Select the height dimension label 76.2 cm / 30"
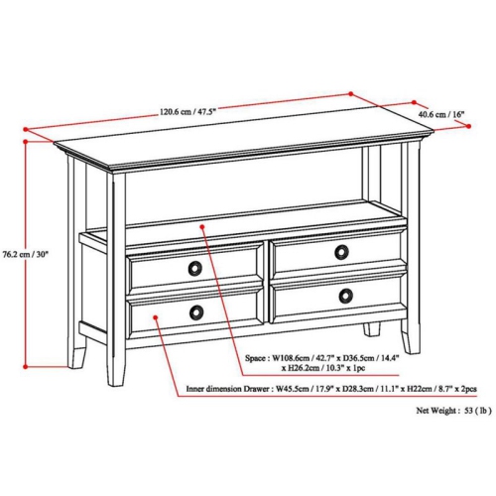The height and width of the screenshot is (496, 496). [x=27, y=254]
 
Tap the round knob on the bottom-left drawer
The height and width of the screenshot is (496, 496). [x=196, y=311]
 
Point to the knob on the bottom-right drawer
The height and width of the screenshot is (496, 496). [x=344, y=295]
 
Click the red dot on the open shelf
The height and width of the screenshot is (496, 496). [x=203, y=227]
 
